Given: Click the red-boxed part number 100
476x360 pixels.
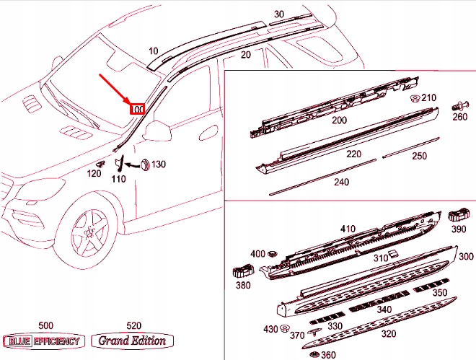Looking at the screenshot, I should click(137, 110).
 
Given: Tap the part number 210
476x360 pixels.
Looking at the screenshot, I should click(428, 98).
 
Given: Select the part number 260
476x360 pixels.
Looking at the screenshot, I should click(459, 117).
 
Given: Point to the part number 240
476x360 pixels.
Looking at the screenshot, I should click(341, 183).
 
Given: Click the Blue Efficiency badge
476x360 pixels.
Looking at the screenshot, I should click(44, 341).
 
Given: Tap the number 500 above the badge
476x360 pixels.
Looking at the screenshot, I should click(45, 326).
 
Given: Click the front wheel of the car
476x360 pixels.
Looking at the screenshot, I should click(91, 231).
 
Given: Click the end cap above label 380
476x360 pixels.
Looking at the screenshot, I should click(241, 272).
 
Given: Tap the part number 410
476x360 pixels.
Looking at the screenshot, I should click(348, 229).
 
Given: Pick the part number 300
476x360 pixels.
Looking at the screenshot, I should click(466, 256).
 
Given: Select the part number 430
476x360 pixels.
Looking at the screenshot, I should click(270, 329).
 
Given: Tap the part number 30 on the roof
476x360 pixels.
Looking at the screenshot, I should click(279, 14).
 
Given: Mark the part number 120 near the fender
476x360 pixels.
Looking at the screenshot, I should click(94, 173).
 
